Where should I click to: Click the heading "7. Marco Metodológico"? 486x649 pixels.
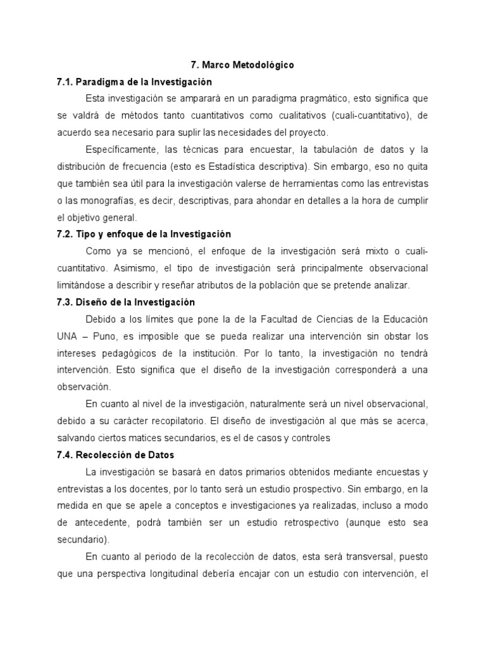pyautogui.click(x=242, y=65)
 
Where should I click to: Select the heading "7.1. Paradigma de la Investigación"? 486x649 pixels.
pyautogui.click(x=134, y=82)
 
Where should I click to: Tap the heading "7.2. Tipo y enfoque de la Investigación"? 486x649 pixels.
pyautogui.click(x=144, y=234)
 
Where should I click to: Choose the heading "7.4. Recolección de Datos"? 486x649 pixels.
pyautogui.click(x=115, y=454)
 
